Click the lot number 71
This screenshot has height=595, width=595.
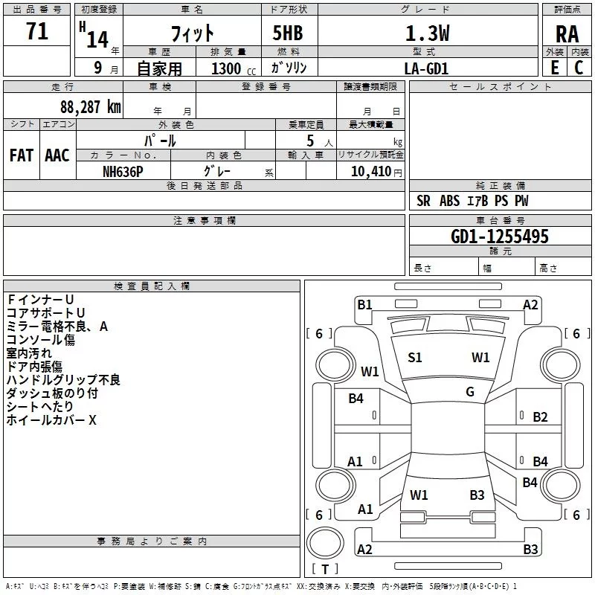(x=36, y=32)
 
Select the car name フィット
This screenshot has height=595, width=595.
(x=192, y=33)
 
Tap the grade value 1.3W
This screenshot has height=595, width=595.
(x=427, y=33)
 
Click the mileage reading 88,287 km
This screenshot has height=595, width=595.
(x=86, y=106)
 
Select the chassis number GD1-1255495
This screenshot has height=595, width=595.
(x=500, y=237)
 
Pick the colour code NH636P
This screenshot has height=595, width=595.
(x=123, y=171)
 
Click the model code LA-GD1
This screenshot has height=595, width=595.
(x=426, y=68)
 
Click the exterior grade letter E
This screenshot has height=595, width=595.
(x=554, y=68)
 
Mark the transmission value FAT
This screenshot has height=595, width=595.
(x=22, y=155)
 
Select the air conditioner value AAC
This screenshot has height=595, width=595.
(x=57, y=155)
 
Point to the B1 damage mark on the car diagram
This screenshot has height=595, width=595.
(x=364, y=303)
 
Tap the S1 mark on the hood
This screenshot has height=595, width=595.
(x=415, y=358)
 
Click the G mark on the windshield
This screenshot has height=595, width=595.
(x=470, y=392)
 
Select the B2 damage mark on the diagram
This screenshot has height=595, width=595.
(x=540, y=417)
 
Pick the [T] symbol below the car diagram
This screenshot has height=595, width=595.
(x=325, y=570)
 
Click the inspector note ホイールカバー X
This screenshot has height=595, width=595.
(x=51, y=420)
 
